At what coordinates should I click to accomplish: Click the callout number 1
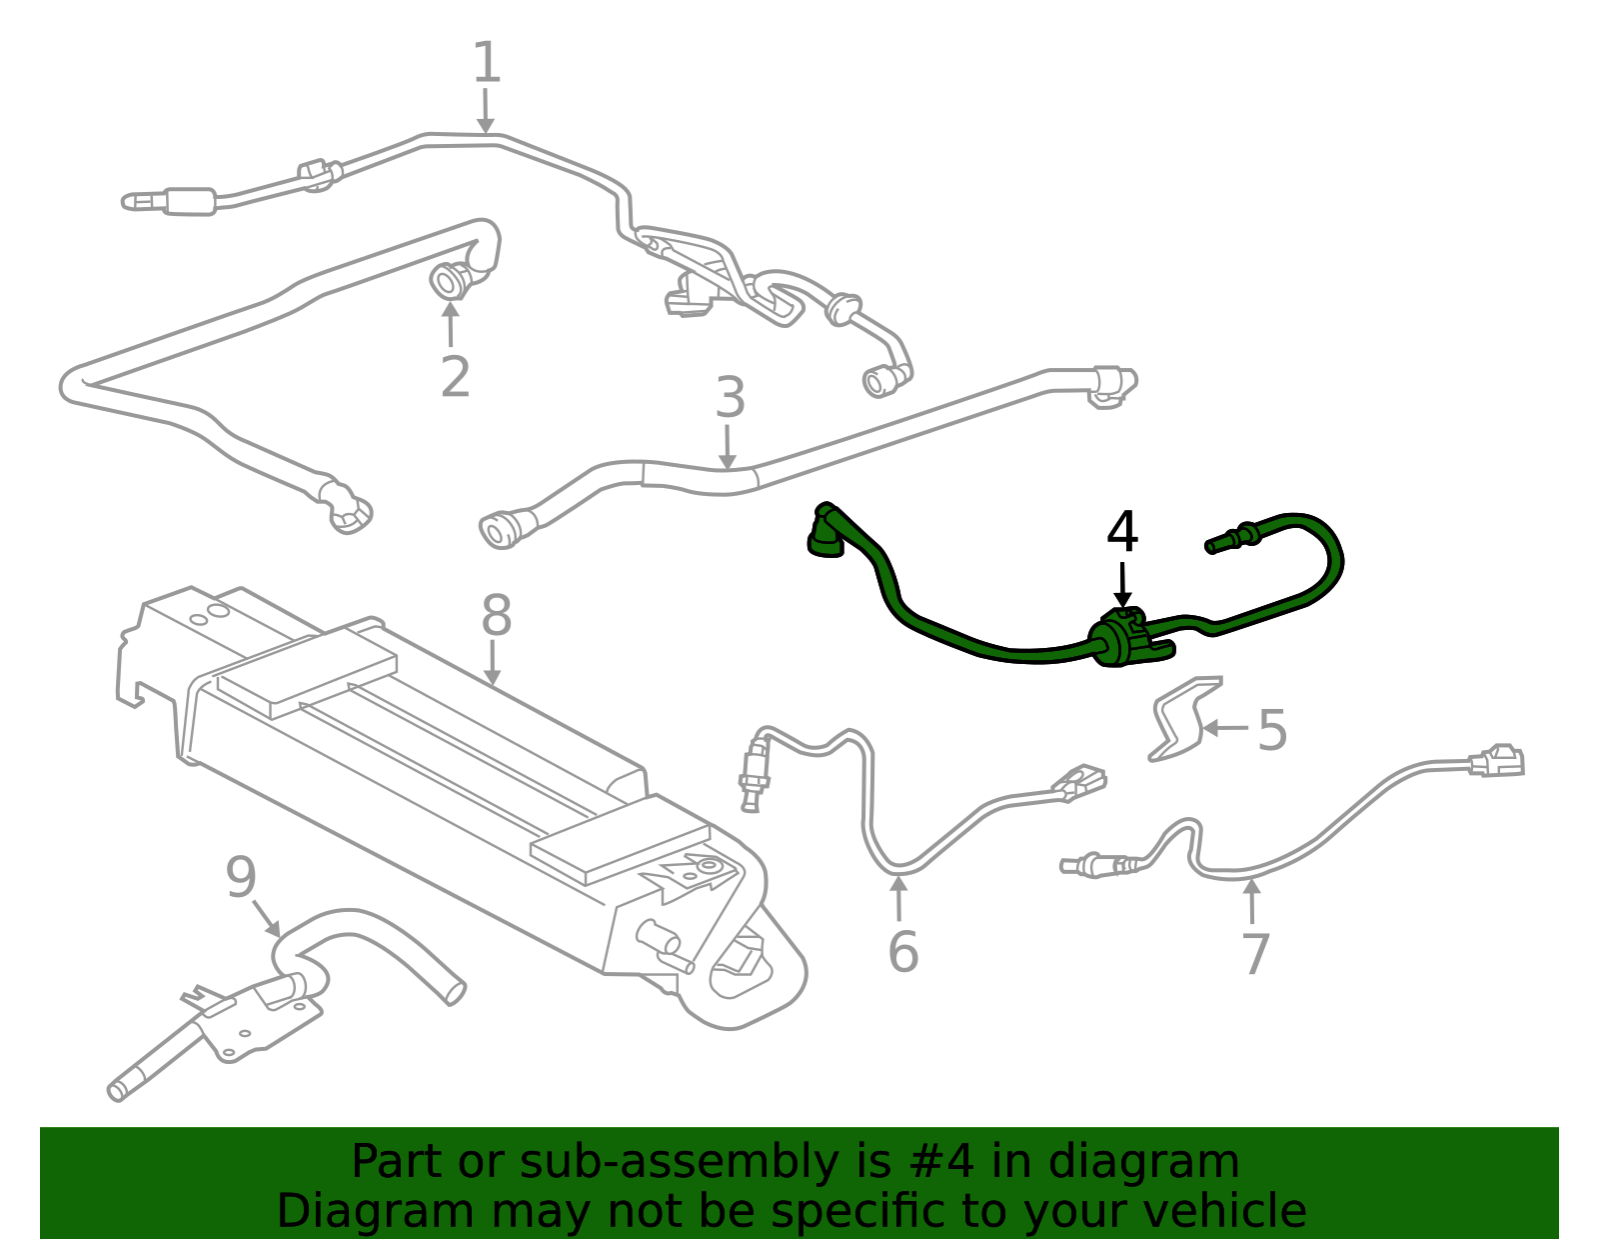pyautogui.click(x=486, y=62)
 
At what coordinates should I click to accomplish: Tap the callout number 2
pyautogui.click(x=455, y=377)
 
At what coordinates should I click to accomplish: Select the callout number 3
pyautogui.click(x=730, y=397)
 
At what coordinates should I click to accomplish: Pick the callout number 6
pyautogui.click(x=903, y=951)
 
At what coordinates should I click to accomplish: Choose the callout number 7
pyautogui.click(x=1256, y=954)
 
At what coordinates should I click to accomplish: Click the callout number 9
pyautogui.click(x=241, y=877)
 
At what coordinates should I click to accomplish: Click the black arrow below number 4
pyautogui.click(x=1122, y=586)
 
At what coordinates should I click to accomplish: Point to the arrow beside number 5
pyautogui.click(x=1225, y=729)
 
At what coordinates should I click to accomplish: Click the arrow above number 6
pyautogui.click(x=898, y=898)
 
